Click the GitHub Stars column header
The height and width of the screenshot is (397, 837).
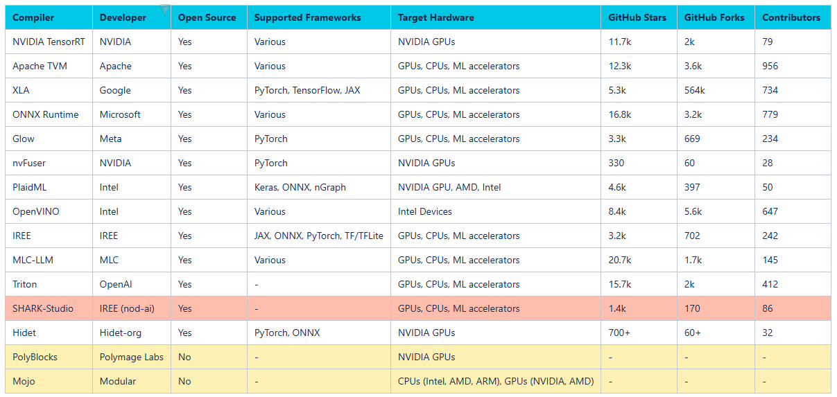click(637, 17)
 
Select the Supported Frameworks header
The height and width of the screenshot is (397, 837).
click(307, 17)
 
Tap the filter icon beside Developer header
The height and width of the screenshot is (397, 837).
click(164, 9)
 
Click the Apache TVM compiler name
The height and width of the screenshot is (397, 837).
click(40, 66)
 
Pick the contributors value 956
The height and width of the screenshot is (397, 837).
click(770, 66)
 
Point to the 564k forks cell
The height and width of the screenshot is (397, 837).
click(695, 90)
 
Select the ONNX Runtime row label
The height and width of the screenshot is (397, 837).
click(46, 114)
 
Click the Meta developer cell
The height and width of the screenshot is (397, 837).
click(110, 139)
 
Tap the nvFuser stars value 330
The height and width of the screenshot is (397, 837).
click(616, 164)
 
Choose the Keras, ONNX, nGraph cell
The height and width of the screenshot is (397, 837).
click(300, 188)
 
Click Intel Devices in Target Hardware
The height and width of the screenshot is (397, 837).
click(425, 212)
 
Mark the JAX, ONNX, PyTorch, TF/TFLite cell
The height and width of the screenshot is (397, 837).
click(319, 236)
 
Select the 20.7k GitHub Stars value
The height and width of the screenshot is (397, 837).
click(620, 261)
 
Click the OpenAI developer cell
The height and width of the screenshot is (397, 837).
click(116, 285)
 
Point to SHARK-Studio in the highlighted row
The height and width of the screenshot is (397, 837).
click(43, 309)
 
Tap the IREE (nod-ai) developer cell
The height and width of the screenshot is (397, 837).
click(127, 309)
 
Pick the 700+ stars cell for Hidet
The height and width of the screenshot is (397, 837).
click(619, 333)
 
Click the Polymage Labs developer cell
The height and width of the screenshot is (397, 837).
click(132, 358)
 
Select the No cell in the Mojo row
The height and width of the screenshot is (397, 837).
click(184, 382)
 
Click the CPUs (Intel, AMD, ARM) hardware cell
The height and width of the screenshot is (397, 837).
click(496, 382)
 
